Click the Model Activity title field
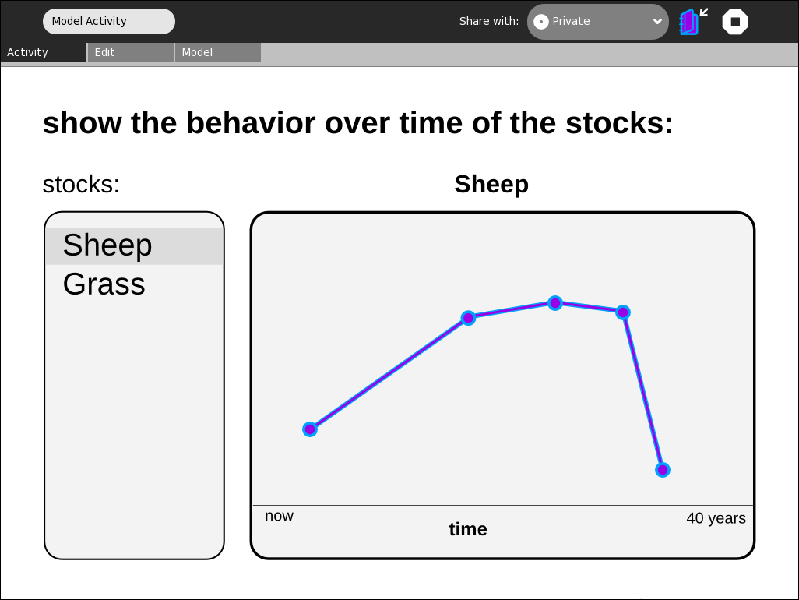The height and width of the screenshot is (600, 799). [x=109, y=21]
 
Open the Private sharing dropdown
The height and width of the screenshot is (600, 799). [x=598, y=22]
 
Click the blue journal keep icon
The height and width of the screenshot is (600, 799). [x=693, y=22]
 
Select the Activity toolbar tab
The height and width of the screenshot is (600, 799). [x=44, y=52]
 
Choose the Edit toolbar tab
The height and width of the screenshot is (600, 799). [x=131, y=52]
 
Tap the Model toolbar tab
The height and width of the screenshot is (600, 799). [x=218, y=52]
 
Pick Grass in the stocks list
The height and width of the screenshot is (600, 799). [x=104, y=284]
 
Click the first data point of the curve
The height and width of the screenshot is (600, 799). [x=310, y=429]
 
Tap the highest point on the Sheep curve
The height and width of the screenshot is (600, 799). [x=555, y=303]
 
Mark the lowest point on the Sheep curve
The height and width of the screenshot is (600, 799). [x=663, y=470]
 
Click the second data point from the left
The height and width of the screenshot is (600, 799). [x=468, y=318]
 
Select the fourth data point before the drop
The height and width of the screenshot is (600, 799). [x=623, y=312]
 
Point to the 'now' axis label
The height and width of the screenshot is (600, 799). [x=279, y=516]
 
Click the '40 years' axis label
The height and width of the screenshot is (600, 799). [x=716, y=518]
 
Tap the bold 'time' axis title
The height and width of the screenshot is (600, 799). [x=468, y=529]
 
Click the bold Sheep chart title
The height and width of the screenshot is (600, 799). [x=491, y=185]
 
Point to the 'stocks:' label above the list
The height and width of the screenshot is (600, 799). [x=81, y=185]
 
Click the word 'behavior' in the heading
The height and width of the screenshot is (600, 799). [x=251, y=123]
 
